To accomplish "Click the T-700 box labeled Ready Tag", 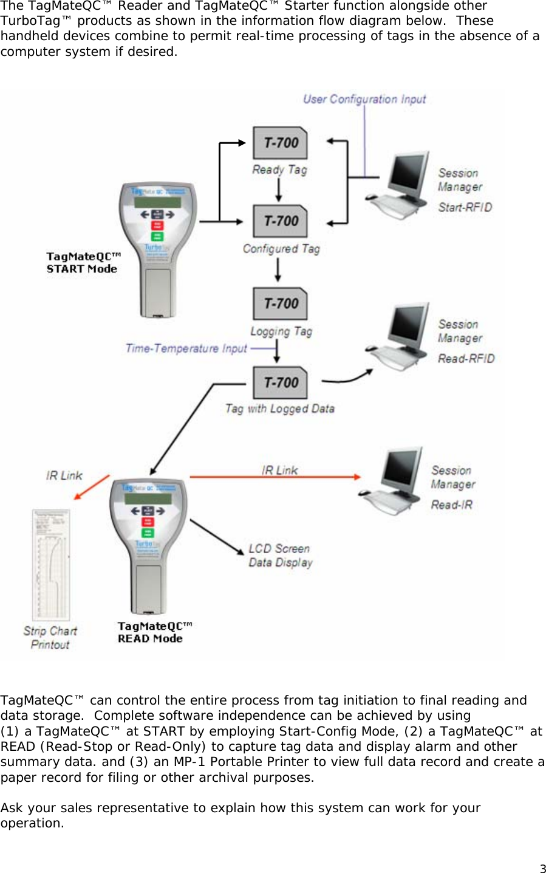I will click(x=280, y=143).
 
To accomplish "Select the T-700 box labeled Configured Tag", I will click(x=280, y=221).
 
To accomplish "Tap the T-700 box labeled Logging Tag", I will click(x=280, y=303).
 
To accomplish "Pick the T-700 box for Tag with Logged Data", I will click(x=280, y=382).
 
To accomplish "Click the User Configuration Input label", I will click(x=364, y=99).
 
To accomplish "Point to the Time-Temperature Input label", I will click(x=186, y=348).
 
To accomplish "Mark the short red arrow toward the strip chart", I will click(x=92, y=487).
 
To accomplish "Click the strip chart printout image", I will click(x=51, y=565).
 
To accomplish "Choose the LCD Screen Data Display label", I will click(x=280, y=556).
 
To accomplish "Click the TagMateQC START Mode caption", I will click(x=83, y=263).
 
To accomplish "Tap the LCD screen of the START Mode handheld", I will click(x=157, y=202).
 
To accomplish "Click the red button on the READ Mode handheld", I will click(x=148, y=522).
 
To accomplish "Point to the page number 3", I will click(x=542, y=869).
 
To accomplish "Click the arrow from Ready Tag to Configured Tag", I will click(x=279, y=190).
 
